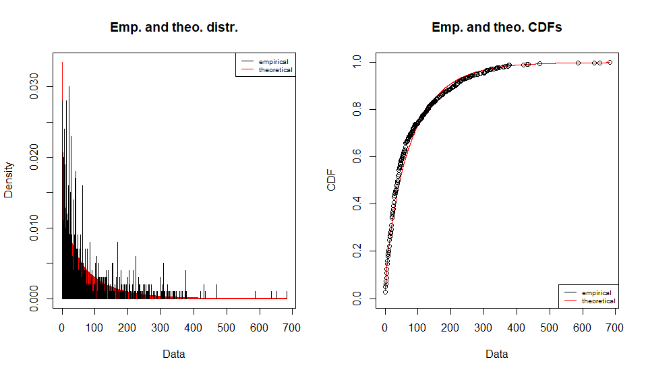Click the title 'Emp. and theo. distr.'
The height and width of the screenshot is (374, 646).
tap(174, 28)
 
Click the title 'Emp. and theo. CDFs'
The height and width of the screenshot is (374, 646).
tap(497, 28)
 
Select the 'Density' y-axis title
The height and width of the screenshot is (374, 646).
tap(9, 179)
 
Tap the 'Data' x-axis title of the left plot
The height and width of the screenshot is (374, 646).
tap(174, 354)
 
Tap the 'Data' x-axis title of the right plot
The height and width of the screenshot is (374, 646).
tap(497, 354)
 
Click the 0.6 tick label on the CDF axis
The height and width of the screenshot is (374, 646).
tap(357, 156)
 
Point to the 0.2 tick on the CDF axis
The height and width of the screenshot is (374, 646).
tap(357, 251)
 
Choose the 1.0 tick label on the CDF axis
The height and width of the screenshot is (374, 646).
tap(357, 62)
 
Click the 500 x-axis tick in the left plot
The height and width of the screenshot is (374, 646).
tap(227, 328)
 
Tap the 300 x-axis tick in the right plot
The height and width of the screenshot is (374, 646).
tap(483, 328)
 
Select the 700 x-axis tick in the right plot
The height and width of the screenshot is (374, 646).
tap(615, 328)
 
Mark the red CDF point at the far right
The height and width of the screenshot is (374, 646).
tap(610, 62)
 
